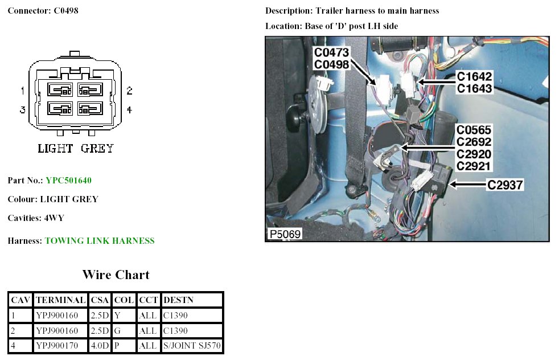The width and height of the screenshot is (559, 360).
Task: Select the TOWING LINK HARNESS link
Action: [100, 241]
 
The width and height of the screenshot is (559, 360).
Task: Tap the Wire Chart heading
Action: [116, 275]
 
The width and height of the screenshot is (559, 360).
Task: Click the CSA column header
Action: [100, 300]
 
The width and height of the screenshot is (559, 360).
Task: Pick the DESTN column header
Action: [178, 300]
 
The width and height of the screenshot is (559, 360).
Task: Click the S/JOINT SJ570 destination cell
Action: [191, 346]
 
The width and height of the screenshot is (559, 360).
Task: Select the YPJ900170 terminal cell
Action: [60, 346]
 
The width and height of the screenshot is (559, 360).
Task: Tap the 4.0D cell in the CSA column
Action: [100, 346]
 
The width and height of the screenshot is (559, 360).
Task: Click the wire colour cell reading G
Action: [117, 330]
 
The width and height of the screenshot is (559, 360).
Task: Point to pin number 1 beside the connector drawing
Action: [22, 91]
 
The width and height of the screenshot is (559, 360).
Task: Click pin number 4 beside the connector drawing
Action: [129, 109]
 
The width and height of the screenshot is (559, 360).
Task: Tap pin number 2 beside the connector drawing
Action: [129, 91]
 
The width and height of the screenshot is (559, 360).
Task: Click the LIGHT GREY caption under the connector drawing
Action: [76, 149]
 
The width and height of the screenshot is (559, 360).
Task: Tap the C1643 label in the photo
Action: [475, 89]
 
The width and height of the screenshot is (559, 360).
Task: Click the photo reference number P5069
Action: [285, 234]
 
